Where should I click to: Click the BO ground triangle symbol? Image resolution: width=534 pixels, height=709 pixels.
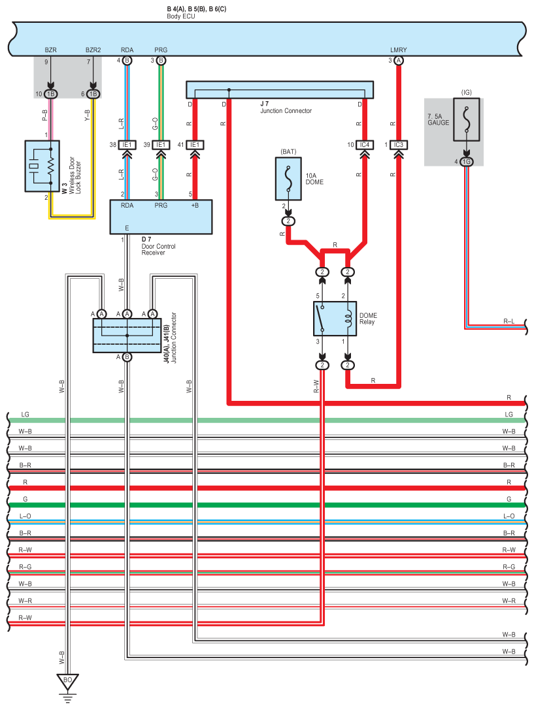point(67,682)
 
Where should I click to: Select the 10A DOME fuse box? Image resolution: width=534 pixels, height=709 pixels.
point(288,179)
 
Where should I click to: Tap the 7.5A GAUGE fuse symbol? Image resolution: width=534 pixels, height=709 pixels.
point(467,119)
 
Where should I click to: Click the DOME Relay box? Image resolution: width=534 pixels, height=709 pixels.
point(335,319)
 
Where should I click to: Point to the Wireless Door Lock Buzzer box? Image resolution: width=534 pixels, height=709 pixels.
point(42,166)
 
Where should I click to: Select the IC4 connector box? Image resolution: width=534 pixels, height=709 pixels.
point(364,145)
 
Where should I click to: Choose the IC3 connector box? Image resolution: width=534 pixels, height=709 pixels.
point(398,145)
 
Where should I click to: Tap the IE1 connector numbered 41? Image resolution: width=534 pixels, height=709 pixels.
point(195,145)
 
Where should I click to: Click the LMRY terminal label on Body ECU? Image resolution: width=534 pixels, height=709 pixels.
point(398,50)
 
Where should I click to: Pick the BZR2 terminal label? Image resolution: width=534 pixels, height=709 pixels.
point(93,50)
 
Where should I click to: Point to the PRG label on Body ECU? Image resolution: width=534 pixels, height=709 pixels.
point(161,50)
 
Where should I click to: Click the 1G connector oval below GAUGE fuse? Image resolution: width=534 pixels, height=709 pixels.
point(467,161)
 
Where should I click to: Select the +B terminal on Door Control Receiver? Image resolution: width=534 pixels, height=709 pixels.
point(195,205)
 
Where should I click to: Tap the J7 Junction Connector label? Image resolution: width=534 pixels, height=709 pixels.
point(286,107)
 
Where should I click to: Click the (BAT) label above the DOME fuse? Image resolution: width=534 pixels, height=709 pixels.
point(288,151)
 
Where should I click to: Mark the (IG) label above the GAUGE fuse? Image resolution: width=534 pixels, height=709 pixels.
point(466,92)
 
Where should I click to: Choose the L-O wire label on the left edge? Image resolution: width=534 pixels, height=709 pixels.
point(25,516)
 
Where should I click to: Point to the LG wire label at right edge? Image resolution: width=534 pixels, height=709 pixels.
point(509,414)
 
